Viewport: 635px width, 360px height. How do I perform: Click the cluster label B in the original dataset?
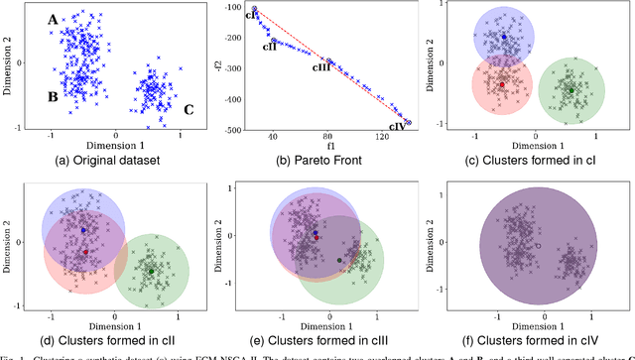point(51,96)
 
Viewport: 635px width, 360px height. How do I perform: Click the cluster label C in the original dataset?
point(188,109)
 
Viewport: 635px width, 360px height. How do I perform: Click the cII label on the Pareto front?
point(269,46)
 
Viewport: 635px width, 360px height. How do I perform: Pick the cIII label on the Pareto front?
point(320,67)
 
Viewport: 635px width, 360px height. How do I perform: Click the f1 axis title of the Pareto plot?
point(326,146)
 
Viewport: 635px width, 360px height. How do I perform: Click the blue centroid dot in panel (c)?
point(504,37)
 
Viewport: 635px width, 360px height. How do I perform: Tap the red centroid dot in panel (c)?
point(502,85)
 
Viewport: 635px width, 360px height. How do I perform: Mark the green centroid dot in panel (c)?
point(571,90)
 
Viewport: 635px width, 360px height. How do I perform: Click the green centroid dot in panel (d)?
point(151,271)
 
